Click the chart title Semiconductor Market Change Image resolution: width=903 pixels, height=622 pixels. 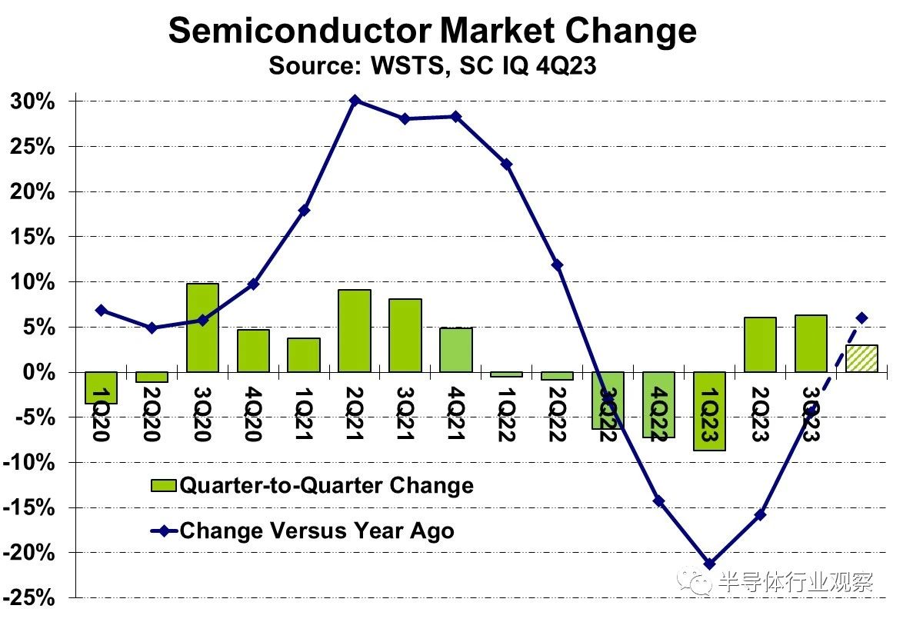pos(432,31)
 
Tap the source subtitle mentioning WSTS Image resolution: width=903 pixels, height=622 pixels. pos(432,66)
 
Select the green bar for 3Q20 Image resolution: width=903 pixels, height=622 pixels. pos(202,328)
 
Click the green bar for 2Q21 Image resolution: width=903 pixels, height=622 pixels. pos(355,331)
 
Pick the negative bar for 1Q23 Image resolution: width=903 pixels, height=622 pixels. pos(709,411)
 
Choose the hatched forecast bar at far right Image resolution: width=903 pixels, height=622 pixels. pos(861,358)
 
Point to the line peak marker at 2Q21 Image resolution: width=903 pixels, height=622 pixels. pos(355,101)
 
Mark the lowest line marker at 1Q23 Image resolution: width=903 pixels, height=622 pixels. pos(709,564)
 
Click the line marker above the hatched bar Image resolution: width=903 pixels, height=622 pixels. pos(861,318)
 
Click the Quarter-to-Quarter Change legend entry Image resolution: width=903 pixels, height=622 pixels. pos(312,485)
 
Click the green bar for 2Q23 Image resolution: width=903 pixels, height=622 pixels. pos(760,344)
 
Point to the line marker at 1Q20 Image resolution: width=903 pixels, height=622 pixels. pos(101,310)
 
